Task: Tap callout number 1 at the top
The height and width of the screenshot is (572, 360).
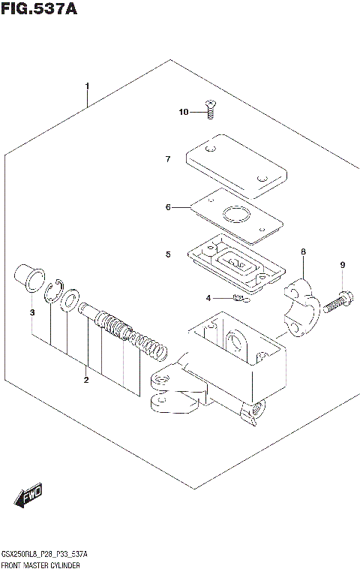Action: coord(87,86)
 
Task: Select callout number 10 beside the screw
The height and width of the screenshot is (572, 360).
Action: coord(184,113)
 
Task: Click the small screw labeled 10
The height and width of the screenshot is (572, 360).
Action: coord(211,110)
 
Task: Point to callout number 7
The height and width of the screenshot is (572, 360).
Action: coord(169,158)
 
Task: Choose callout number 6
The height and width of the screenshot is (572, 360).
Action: coord(169,207)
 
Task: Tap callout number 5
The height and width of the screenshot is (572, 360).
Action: coord(169,254)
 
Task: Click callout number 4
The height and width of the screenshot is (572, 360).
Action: coord(208,299)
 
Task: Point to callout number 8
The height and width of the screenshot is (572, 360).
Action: coord(303,253)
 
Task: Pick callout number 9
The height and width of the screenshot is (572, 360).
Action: coord(342,265)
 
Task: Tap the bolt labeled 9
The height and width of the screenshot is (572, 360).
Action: coord(335,303)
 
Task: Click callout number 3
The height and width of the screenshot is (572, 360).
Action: coord(32,312)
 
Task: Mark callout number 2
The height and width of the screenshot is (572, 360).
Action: coord(86,380)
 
